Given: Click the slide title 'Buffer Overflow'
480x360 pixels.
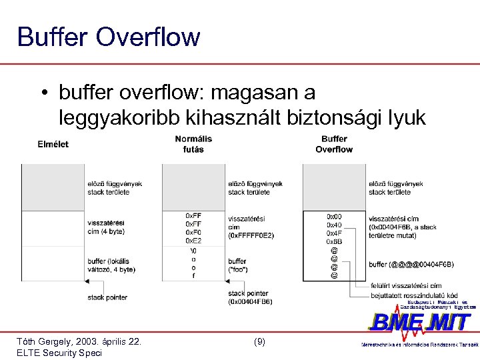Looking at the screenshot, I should [x=109, y=37].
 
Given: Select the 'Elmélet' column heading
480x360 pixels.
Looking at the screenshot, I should [x=53, y=144].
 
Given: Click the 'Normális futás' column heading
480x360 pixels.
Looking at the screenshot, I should [x=193, y=144].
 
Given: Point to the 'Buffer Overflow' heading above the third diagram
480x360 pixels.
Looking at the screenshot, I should [x=334, y=144].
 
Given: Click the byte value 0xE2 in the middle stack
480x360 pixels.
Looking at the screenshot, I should [x=193, y=241].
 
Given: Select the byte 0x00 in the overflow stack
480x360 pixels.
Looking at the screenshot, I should [x=334, y=217].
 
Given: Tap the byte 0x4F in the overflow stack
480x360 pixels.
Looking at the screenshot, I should [x=334, y=233].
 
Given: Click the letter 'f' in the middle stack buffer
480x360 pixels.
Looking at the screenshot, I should [x=193, y=275].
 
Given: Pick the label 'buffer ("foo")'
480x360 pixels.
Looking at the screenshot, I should [x=238, y=265].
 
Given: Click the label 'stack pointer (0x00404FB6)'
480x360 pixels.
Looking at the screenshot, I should [x=249, y=297].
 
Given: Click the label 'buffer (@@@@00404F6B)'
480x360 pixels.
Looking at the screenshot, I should [x=411, y=265].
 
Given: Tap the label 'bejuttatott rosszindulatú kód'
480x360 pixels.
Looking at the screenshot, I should [x=414, y=295].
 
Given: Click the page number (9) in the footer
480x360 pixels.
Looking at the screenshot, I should [x=259, y=341].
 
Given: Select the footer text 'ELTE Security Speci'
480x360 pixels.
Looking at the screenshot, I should [x=59, y=353].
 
